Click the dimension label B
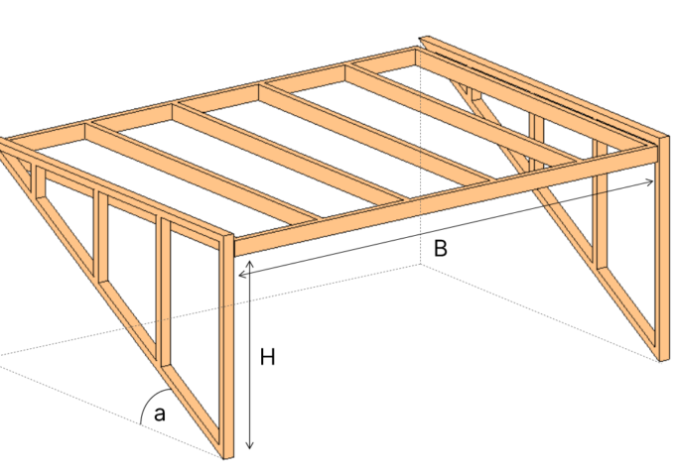[441, 249]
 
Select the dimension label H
[267, 358]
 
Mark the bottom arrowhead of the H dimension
[250, 446]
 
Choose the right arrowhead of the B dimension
[651, 180]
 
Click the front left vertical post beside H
[226, 347]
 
